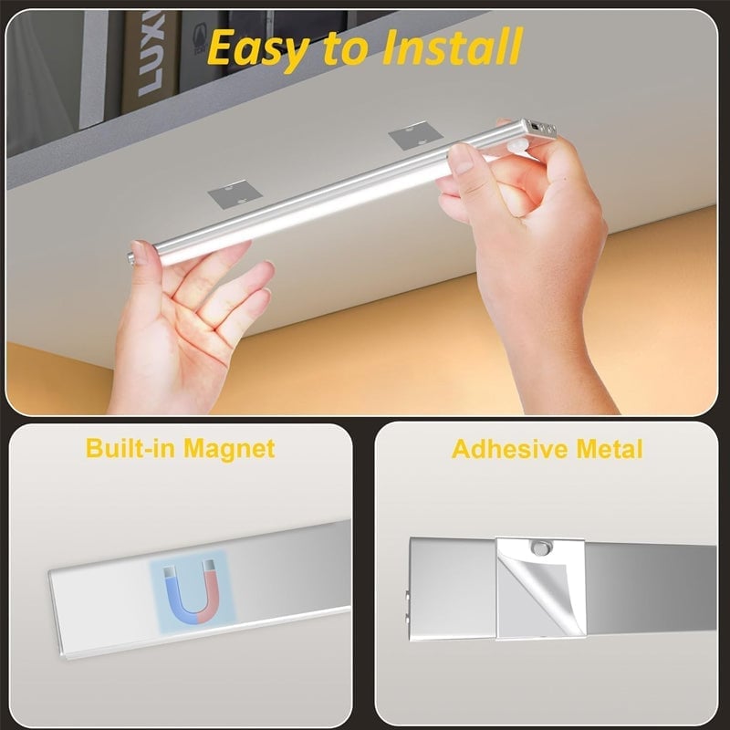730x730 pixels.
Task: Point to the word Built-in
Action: pos(130,448)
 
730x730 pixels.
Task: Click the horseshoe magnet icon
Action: pos(191,589)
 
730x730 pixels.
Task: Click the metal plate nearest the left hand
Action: pos(232,194)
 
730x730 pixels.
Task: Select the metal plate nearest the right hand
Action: pos(411,140)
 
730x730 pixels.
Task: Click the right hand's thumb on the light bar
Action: pos(465,162)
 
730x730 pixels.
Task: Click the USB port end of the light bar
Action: pos(537,129)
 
